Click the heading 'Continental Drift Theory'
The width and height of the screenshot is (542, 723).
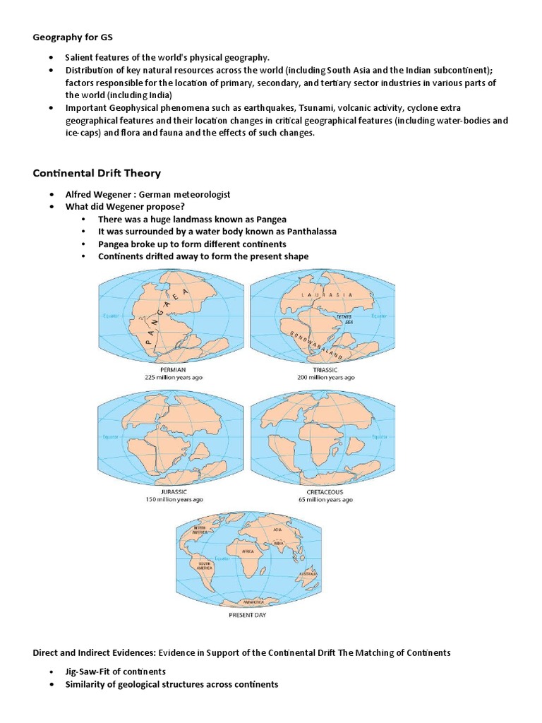(97, 173)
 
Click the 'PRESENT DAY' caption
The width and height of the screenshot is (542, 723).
(247, 614)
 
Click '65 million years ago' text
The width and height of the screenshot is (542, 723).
(325, 499)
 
